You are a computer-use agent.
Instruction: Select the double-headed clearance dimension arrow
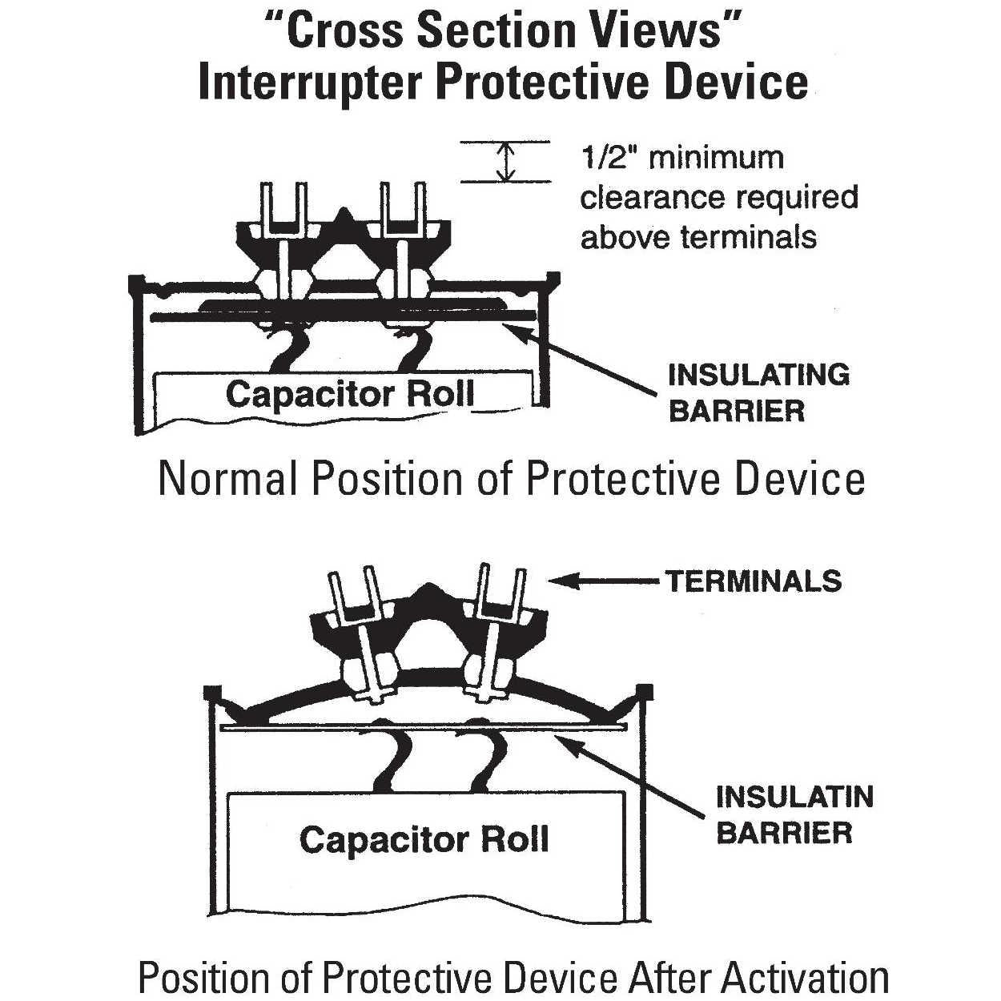tap(505, 161)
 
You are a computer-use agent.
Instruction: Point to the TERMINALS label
tap(754, 581)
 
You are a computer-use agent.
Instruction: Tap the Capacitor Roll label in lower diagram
tap(424, 839)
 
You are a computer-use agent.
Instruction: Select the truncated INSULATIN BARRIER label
tap(794, 814)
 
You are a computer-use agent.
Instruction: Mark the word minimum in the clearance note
tap(716, 157)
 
